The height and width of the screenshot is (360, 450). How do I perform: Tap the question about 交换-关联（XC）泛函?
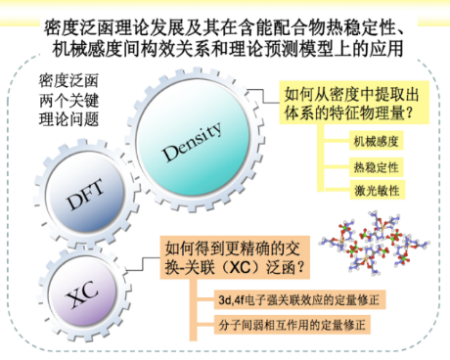click(x=238, y=257)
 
